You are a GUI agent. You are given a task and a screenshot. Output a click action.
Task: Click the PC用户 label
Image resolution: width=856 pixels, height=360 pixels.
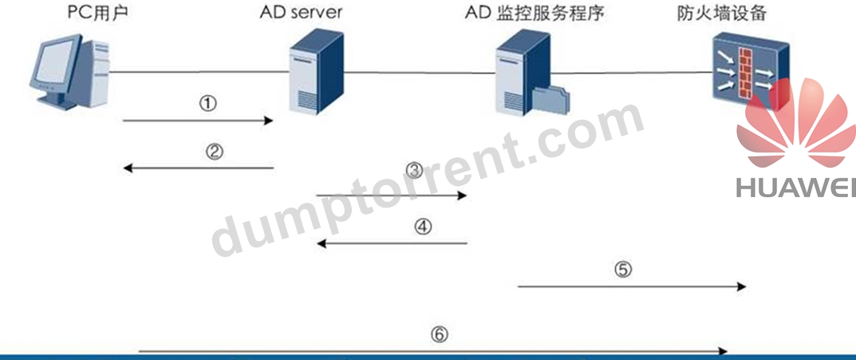pyautogui.click(x=97, y=12)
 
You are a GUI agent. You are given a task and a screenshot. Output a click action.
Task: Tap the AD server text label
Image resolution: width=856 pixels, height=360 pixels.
pyautogui.click(x=300, y=12)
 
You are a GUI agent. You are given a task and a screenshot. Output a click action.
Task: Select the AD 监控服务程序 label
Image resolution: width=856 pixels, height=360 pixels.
pyautogui.click(x=535, y=13)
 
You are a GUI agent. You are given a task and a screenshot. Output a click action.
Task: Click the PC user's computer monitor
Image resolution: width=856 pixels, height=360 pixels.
pyautogui.click(x=54, y=66)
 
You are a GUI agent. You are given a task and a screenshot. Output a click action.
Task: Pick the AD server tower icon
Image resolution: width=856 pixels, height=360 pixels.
pyautogui.click(x=317, y=71)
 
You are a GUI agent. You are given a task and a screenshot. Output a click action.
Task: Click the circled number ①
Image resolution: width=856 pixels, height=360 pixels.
pyautogui.click(x=208, y=104)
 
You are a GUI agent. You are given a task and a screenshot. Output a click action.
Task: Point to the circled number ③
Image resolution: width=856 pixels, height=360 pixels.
pyautogui.click(x=415, y=171)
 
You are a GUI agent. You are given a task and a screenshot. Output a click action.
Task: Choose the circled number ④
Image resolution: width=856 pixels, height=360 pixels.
pyautogui.click(x=422, y=226)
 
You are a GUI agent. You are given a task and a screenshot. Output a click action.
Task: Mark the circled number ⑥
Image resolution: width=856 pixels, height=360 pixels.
pyautogui.click(x=440, y=334)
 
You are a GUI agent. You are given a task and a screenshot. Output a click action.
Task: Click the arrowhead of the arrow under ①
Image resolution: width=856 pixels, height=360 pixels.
pyautogui.click(x=268, y=121)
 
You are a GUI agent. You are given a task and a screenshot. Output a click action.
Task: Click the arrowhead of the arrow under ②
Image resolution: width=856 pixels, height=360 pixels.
pyautogui.click(x=128, y=168)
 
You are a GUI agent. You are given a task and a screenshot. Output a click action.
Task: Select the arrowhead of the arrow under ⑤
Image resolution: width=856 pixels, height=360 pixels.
pyautogui.click(x=741, y=287)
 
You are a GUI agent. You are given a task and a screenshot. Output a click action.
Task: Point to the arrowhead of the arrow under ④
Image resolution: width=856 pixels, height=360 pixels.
pyautogui.click(x=322, y=243)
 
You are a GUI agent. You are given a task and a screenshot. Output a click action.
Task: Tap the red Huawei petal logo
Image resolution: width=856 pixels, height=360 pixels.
pyautogui.click(x=797, y=123)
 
